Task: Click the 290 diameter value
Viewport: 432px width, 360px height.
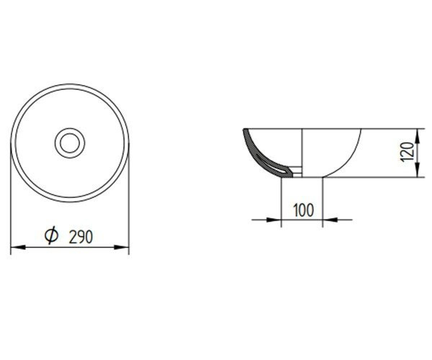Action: click(x=81, y=237)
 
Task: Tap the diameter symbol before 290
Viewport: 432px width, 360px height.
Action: click(x=52, y=235)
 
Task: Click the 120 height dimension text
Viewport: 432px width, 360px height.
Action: click(x=408, y=152)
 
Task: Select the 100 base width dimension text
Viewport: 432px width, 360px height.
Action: click(x=303, y=210)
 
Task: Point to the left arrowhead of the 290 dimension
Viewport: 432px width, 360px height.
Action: click(x=18, y=248)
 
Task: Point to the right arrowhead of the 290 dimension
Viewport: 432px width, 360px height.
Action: click(x=121, y=248)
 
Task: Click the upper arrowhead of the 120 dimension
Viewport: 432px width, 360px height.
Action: click(x=418, y=136)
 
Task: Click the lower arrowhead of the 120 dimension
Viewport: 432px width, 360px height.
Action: click(x=418, y=170)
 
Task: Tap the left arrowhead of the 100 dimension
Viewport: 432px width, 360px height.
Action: click(x=274, y=220)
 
